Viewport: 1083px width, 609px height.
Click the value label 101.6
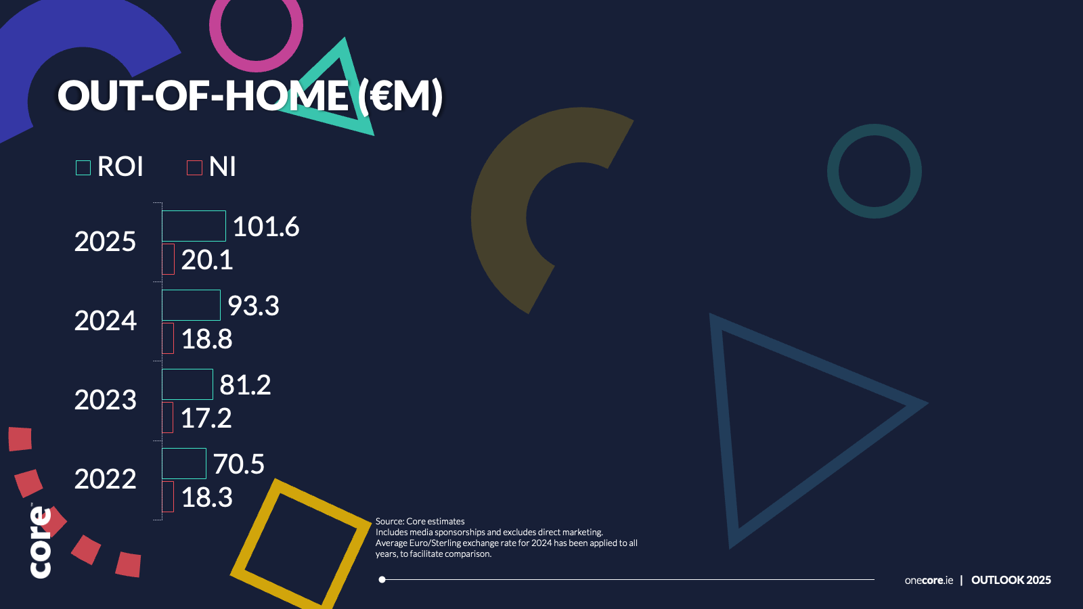pos(266,226)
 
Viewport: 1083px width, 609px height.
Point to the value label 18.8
pos(207,339)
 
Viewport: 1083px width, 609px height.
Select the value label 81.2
pos(245,385)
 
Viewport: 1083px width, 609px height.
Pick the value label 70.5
pos(239,464)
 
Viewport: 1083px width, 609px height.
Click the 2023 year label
pos(106,400)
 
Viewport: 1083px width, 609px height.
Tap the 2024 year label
pos(106,321)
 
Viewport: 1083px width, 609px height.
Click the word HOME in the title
pos(286,95)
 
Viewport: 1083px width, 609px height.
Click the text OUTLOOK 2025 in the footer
pos(1011,580)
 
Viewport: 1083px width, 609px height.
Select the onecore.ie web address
pos(929,580)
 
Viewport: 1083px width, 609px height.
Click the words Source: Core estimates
pos(420,521)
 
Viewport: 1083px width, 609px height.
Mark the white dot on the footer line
pos(382,579)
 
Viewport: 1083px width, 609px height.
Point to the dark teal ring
pos(833,171)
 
